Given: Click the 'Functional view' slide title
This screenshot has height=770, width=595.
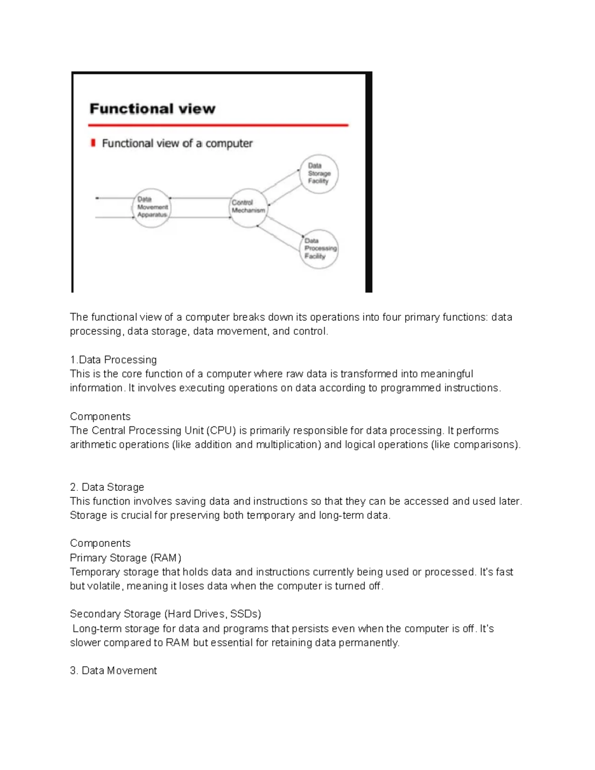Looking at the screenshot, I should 152,109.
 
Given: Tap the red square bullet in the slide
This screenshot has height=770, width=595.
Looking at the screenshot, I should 93,143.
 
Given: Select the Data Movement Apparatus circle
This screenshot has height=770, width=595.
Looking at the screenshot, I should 152,208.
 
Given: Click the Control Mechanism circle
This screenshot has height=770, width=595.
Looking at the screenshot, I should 248,208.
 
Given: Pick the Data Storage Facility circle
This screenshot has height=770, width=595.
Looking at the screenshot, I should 319,174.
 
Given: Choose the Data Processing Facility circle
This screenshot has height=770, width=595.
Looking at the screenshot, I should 319,249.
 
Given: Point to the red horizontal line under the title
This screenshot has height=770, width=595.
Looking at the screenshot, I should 218,125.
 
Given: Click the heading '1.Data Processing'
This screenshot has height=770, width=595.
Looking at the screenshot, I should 113,359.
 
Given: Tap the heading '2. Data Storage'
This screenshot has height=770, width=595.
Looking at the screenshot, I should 107,487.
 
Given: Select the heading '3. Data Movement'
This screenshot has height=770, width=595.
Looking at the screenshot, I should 113,670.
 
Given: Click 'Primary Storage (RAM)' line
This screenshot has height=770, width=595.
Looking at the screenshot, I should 125,558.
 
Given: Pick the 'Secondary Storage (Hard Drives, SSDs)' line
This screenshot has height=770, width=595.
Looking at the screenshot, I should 165,614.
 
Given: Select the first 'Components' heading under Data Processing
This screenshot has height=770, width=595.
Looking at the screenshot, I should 100,416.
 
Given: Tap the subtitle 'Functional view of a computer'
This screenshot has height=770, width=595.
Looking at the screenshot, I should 177,143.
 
